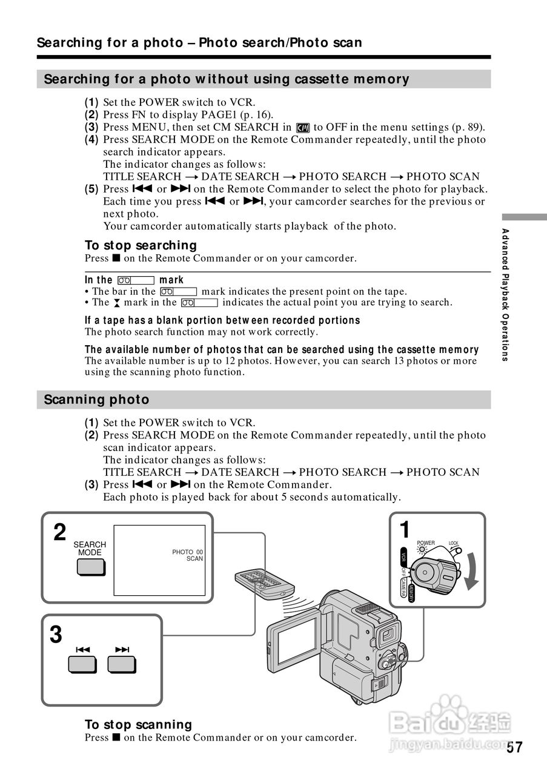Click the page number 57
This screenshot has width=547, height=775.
click(x=514, y=747)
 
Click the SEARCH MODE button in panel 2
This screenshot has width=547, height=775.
click(x=90, y=567)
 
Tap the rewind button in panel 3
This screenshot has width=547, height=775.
click(x=82, y=664)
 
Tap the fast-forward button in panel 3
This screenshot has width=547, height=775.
click(x=122, y=664)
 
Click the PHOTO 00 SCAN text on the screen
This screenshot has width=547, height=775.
click(x=188, y=555)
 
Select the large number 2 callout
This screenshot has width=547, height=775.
click(x=59, y=533)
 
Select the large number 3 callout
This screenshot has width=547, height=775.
click(x=56, y=636)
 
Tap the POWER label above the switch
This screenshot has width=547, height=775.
click(x=426, y=542)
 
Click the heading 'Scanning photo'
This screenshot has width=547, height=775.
click(x=97, y=400)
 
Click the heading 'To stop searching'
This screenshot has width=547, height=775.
click(x=141, y=245)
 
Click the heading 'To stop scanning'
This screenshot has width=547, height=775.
click(x=138, y=725)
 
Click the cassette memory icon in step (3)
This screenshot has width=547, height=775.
click(x=303, y=128)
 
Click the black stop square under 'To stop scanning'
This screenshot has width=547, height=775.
click(x=115, y=737)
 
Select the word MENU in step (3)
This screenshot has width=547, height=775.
click(x=145, y=127)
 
